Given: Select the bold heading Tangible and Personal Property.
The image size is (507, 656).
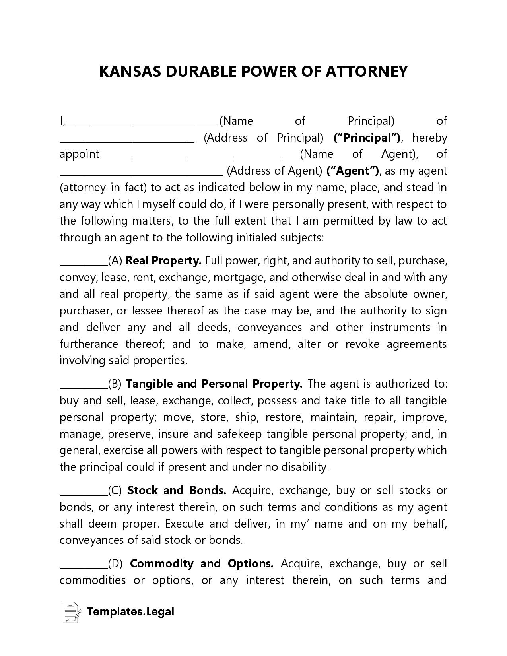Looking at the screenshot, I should tap(214, 384).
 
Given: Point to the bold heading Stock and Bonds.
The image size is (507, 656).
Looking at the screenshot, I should tap(177, 491).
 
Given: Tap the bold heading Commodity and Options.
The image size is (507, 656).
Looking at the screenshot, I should tap(202, 564).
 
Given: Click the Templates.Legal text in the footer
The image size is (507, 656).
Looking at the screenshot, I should tap(130, 611).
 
